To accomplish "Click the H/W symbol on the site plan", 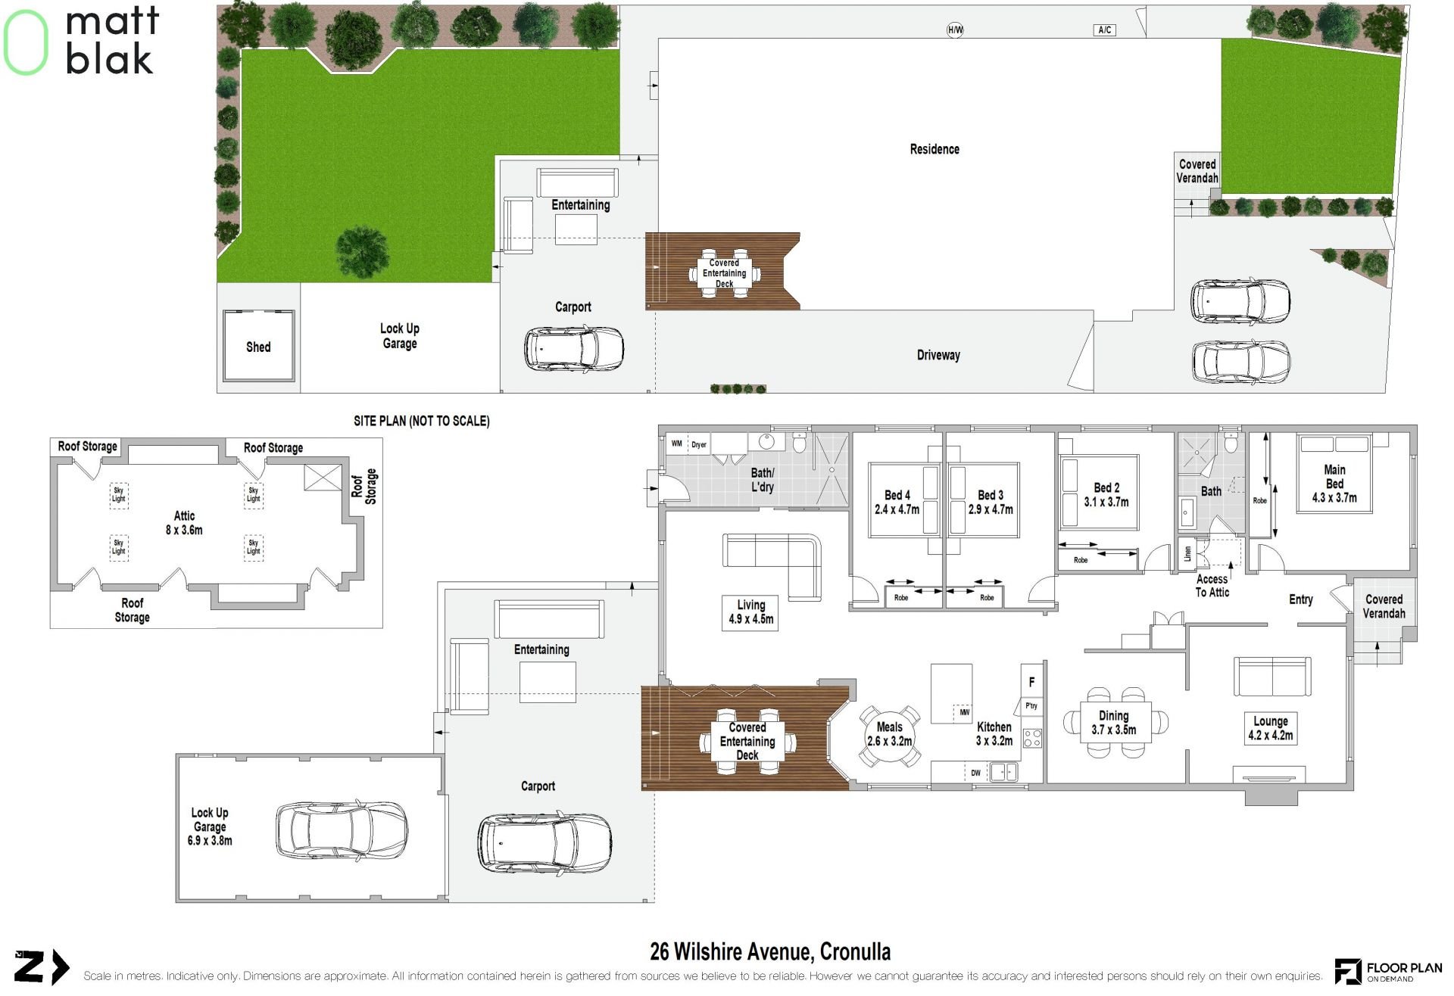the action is click(955, 30).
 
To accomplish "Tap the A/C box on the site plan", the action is click(1105, 30).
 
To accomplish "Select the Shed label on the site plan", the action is click(258, 347).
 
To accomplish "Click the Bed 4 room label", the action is click(897, 495).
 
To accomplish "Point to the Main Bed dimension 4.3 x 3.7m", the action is click(1334, 498).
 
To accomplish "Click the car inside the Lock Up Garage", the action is click(341, 830).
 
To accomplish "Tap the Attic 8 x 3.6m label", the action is click(184, 523).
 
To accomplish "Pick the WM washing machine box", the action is click(676, 444).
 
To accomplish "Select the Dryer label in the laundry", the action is click(699, 445).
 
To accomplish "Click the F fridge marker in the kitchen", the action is click(1031, 682).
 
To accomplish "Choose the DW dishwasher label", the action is click(975, 773).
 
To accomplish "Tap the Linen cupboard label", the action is click(1187, 553).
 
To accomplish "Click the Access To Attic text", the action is click(1212, 586).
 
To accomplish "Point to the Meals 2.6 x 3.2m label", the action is click(890, 734).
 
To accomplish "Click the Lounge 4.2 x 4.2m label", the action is click(1271, 728).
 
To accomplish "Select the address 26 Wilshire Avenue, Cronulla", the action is click(770, 951).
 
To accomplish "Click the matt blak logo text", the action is click(112, 41).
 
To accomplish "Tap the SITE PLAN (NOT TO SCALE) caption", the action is click(422, 421).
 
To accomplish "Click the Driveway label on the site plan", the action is click(938, 355).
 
